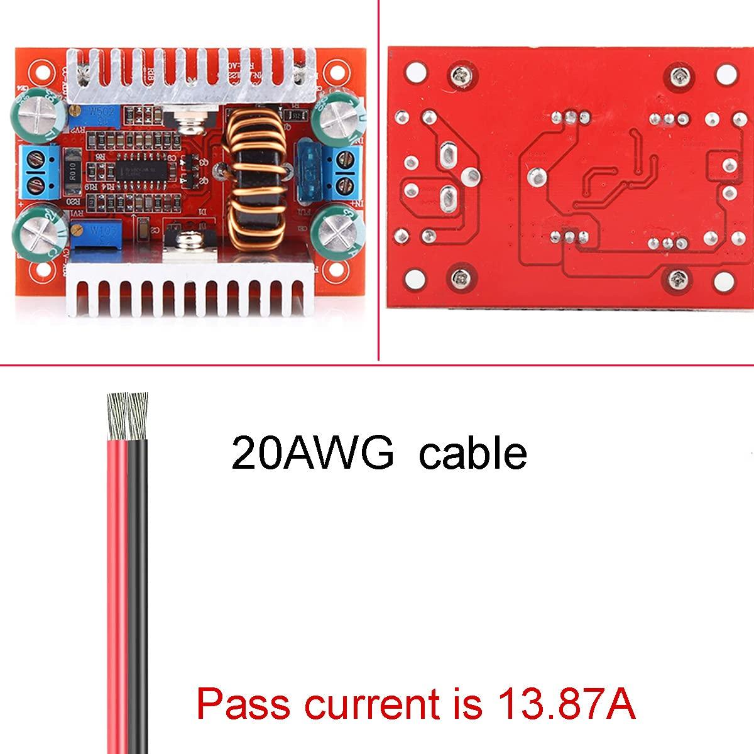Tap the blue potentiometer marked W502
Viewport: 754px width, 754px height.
(103, 115)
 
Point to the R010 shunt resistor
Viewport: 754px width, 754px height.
(58, 170)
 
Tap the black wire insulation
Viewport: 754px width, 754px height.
(138, 565)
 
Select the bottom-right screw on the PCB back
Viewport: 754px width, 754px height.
(679, 277)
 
